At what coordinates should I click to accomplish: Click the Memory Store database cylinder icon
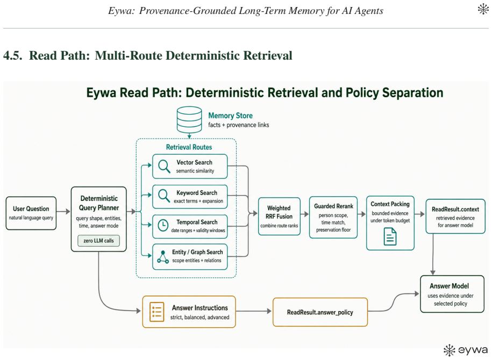click(x=189, y=120)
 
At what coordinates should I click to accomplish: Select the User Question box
click(x=31, y=213)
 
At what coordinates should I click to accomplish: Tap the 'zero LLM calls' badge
click(x=98, y=241)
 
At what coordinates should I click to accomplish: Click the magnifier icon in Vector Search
click(x=164, y=166)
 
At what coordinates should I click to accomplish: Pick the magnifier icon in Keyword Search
click(x=164, y=196)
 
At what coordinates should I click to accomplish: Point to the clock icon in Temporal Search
click(x=163, y=226)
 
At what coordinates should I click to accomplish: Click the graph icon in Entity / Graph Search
click(x=163, y=256)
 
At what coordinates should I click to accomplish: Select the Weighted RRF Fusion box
click(x=279, y=217)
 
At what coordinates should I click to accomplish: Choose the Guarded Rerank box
click(x=333, y=217)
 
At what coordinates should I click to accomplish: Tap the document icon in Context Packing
click(x=390, y=236)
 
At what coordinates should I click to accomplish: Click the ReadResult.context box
click(x=455, y=217)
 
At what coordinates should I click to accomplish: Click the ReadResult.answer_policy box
click(x=320, y=312)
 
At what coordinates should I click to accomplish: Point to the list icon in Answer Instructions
click(x=156, y=312)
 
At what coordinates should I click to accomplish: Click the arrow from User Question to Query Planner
click(x=63, y=211)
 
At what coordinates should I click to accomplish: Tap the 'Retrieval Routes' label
click(x=189, y=147)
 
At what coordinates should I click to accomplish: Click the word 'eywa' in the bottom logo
click(x=473, y=350)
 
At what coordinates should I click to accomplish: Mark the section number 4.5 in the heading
click(x=13, y=55)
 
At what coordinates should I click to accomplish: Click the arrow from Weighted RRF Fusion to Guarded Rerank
click(x=305, y=214)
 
